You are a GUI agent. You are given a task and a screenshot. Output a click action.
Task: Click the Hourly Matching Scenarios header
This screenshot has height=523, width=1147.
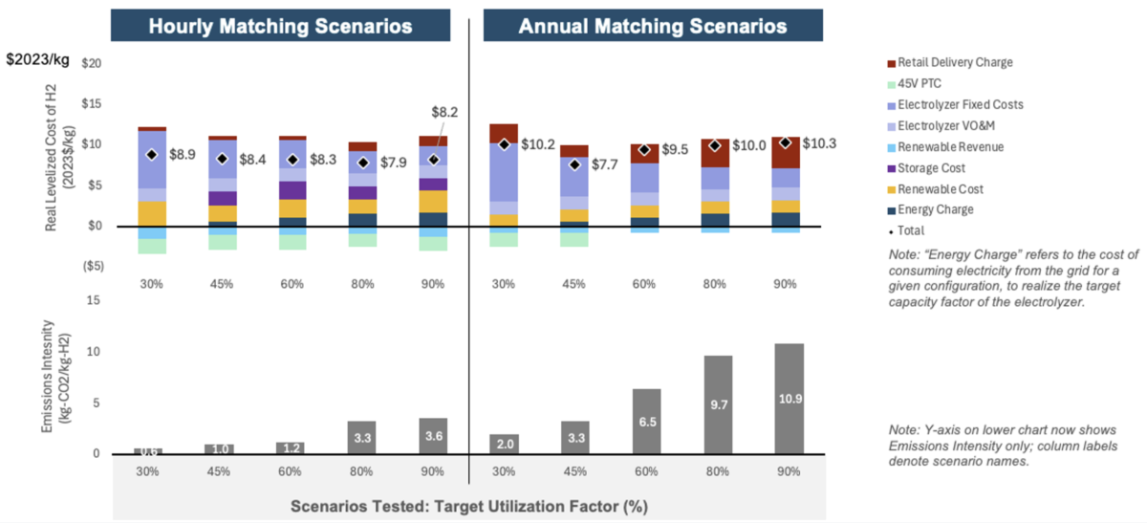point(280,26)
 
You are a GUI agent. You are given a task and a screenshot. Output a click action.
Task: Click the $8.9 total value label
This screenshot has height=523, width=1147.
point(184,154)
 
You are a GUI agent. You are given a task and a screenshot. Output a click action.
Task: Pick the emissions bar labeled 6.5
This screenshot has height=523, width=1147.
point(646,421)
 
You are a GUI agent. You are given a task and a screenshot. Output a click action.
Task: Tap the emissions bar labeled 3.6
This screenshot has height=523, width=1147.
point(433,436)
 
